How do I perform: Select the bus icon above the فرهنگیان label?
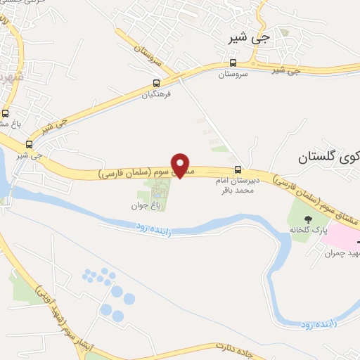point(156,82)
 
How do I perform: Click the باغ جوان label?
point(160,205)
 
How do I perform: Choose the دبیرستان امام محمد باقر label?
point(238,186)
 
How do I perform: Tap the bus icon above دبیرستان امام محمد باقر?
point(238,169)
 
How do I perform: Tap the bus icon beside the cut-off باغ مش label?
point(6,112)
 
